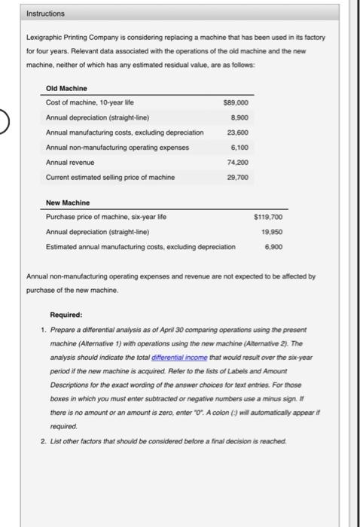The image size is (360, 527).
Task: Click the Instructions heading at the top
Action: point(46,14)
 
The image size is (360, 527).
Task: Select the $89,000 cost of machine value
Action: point(236,103)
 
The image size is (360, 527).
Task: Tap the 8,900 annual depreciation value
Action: point(238,117)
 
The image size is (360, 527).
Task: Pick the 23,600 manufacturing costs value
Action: point(236,133)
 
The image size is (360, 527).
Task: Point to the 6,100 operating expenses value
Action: point(238,147)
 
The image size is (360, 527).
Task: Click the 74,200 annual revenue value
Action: point(236,162)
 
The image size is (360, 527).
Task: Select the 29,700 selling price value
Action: point(236,176)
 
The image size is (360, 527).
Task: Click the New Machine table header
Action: point(68,203)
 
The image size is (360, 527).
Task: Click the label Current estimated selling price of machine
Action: point(110,176)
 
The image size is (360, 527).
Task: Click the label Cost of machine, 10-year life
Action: point(90,103)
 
